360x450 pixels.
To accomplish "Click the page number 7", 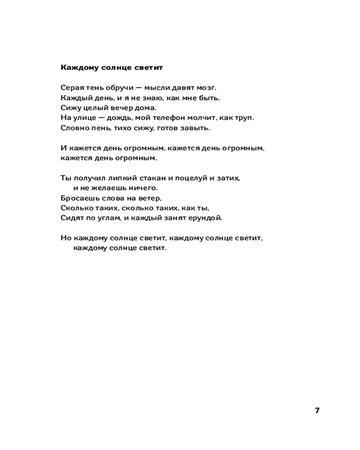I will (317, 410).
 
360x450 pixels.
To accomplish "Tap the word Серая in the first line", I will (71, 88).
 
